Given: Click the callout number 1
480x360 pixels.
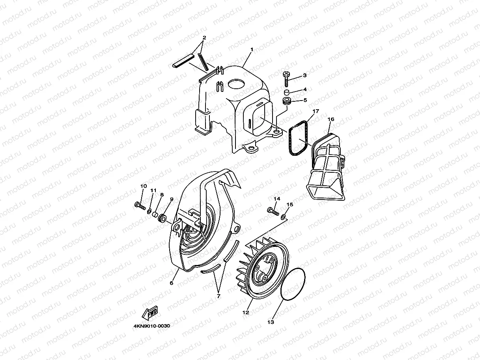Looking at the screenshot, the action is (x=252, y=50).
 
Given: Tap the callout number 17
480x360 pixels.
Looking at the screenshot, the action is (x=316, y=111).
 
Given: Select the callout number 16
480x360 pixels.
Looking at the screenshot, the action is (x=331, y=119).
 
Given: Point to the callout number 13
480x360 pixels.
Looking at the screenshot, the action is (x=271, y=322).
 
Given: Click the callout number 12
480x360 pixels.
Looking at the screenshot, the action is (x=246, y=313).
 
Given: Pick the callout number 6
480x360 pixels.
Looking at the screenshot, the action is (x=172, y=283).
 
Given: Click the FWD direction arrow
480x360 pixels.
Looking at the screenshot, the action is (x=150, y=313).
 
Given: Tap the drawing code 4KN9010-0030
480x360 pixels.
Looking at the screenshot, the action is (x=152, y=326).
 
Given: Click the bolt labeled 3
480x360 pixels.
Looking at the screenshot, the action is (x=286, y=79).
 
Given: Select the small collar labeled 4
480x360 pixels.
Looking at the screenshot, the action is (x=287, y=92).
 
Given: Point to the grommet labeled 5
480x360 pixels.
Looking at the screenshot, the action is (x=287, y=101).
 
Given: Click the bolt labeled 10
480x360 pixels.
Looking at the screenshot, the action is (x=140, y=206).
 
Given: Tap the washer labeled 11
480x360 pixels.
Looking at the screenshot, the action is (x=149, y=211).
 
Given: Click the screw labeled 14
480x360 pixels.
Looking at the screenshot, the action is (x=273, y=211).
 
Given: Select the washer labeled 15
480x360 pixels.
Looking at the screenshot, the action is (x=283, y=216).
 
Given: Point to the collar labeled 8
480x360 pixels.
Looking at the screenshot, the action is (x=155, y=215).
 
